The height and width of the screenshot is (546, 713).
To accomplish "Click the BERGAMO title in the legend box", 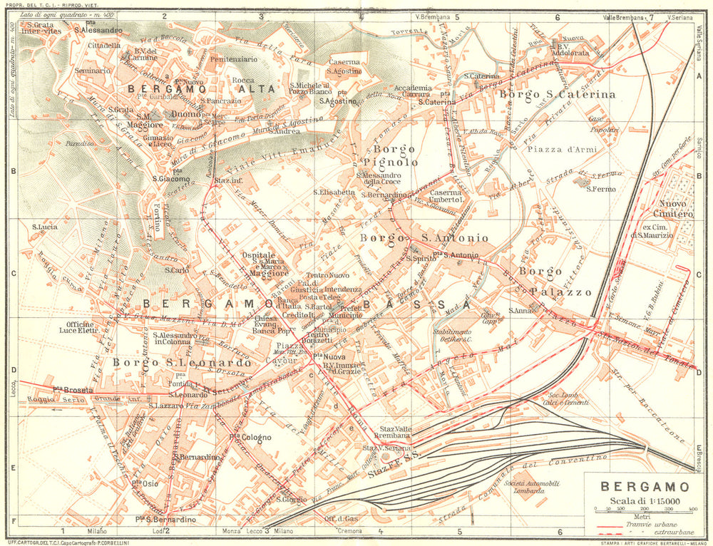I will pos(645,488).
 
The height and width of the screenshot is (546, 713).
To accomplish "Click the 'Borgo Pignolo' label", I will pos(393,155).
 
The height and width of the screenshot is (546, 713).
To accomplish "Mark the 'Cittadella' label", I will pos(104,45).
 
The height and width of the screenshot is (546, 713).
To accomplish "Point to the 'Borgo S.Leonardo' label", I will pos(182,362).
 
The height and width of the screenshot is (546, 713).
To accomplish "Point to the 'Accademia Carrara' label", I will pos(411,91).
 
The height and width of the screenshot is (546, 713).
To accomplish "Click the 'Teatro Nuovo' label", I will pos(329,275).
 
